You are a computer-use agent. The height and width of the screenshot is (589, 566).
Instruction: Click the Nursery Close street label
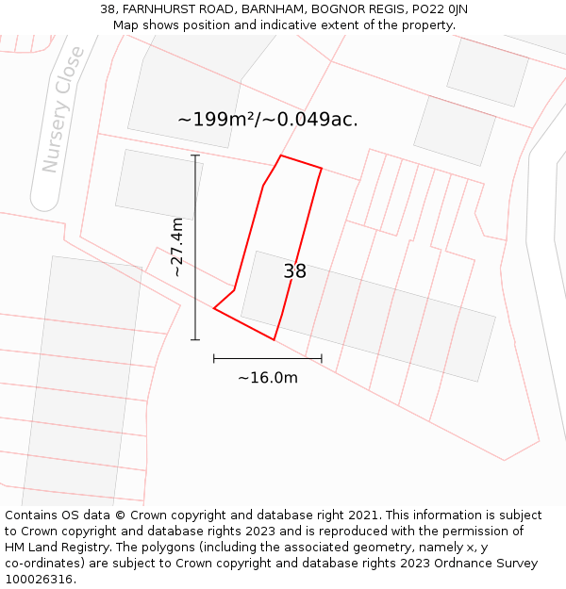coord(63,110)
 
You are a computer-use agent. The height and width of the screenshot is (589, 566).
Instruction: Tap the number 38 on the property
coord(294,271)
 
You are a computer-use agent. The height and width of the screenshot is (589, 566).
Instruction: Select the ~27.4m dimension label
coord(176,247)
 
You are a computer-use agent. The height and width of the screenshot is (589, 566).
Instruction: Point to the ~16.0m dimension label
coord(267,378)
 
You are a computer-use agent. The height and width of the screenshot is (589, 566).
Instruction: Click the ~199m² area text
coord(216,120)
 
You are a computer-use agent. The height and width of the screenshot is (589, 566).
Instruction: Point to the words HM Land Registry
coord(51,548)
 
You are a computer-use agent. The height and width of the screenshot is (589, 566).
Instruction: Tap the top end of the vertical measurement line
coord(195,155)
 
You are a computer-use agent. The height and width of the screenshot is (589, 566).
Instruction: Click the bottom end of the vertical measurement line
coord(195,339)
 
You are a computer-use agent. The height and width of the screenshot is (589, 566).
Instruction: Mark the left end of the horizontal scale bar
coord(214,358)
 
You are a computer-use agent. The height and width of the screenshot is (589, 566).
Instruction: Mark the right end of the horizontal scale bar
coord(322,358)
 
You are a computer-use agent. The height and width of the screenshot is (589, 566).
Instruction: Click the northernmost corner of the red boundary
coord(281,155)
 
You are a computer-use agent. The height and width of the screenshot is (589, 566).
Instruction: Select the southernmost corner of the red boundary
coord(274,339)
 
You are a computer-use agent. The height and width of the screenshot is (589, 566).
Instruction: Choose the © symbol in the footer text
coord(120,515)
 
